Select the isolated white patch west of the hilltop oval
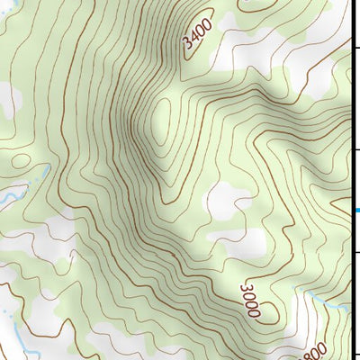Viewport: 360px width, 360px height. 9,99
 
